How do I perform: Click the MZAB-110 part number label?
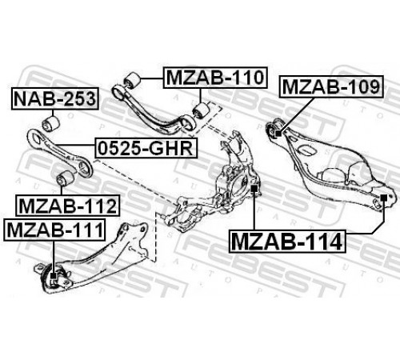[215, 78]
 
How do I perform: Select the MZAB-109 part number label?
[331, 86]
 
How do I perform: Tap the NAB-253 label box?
[55, 98]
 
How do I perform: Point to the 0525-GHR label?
[146, 148]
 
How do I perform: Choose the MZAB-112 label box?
[68, 206]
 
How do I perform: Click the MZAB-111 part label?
[54, 230]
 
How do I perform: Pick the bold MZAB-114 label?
[287, 242]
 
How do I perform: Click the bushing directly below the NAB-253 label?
[51, 124]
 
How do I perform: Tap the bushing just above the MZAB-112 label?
[66, 178]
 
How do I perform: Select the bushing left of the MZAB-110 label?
[132, 80]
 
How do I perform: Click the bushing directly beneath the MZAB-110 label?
[202, 110]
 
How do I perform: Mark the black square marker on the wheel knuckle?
[254, 189]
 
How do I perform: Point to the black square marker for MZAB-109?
[278, 133]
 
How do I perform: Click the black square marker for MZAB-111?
[54, 275]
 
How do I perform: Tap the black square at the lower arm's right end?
[383, 198]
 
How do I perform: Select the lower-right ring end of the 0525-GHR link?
[86, 169]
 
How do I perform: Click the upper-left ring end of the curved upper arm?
[118, 93]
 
